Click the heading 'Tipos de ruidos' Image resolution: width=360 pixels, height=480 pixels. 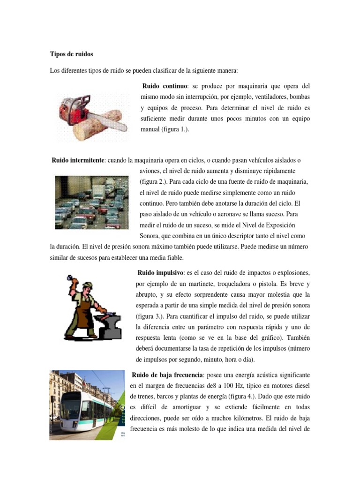click(x=71, y=54)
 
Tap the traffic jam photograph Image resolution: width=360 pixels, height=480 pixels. click(x=92, y=202)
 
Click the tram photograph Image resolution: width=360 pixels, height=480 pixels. click(x=82, y=405)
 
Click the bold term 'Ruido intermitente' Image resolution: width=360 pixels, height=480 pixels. click(x=78, y=160)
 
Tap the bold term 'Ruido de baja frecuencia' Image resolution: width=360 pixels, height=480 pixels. click(x=167, y=375)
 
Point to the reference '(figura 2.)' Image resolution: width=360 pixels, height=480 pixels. click(x=153, y=182)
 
